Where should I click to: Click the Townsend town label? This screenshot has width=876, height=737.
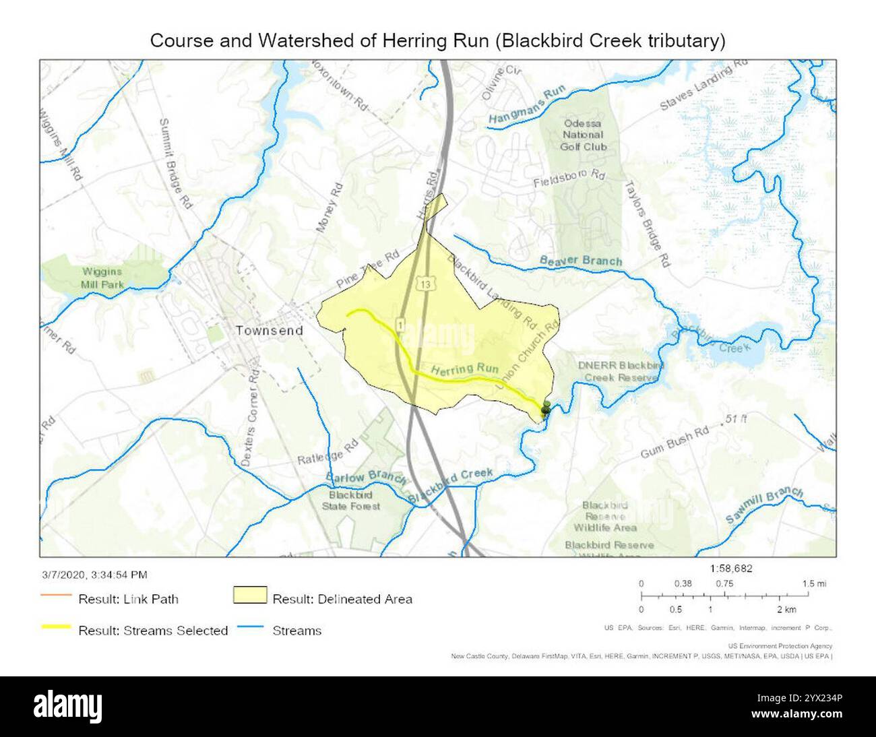click(269, 331)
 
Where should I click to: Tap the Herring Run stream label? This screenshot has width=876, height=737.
click(464, 369)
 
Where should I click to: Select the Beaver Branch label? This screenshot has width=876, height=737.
click(581, 260)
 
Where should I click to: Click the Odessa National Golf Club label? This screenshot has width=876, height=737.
click(584, 135)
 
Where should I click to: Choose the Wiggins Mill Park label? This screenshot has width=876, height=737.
click(102, 277)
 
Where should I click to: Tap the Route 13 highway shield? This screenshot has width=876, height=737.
click(425, 284)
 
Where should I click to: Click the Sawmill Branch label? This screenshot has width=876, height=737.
click(764, 505)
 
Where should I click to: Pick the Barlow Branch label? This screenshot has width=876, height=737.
click(366, 478)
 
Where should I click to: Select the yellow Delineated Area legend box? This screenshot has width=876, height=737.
click(250, 597)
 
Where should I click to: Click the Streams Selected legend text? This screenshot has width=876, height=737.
click(153, 631)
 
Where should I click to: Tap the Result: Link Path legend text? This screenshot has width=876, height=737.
click(128, 598)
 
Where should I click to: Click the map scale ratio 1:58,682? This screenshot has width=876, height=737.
click(731, 568)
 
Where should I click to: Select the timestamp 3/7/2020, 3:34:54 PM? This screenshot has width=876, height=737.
click(94, 575)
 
